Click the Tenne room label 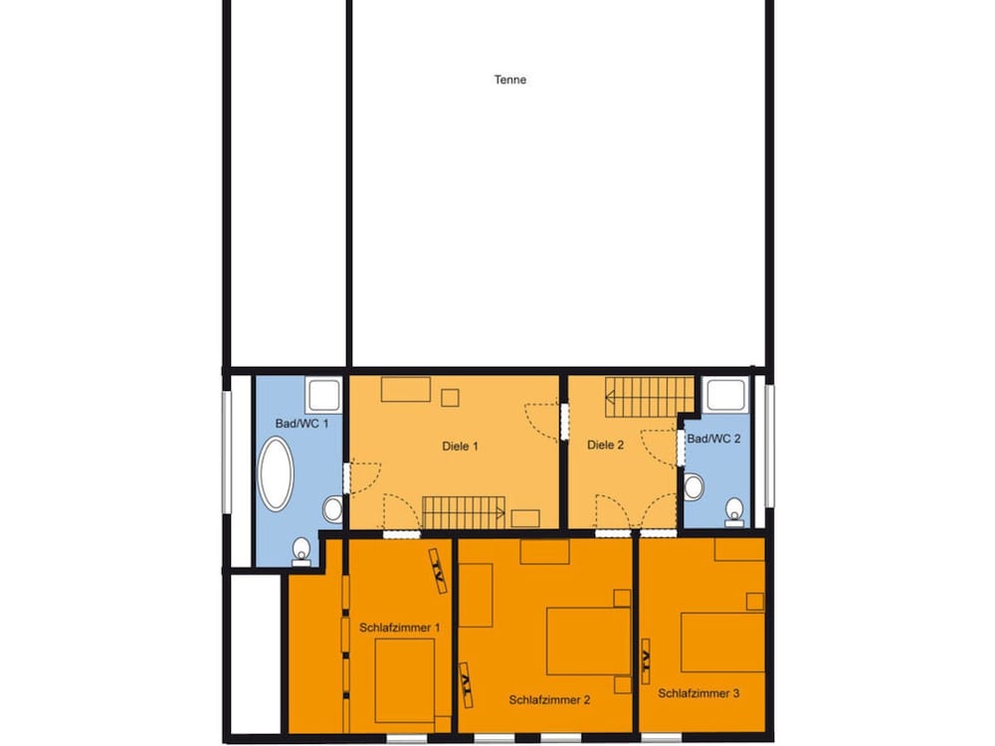pos(510,80)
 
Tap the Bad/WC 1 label pos(302,423)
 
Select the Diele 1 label pos(460,446)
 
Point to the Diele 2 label pos(605,445)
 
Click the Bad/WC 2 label pos(713,439)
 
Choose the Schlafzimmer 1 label pos(400,628)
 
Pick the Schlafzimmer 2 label pos(549,699)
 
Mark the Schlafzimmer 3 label pos(698,693)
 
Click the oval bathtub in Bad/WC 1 pos(276,473)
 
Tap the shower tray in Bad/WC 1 pos(324,395)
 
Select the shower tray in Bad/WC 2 pos(726,395)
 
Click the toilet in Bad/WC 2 pos(734,512)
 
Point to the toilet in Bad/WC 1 pos(301,552)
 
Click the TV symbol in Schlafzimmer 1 pos(438,570)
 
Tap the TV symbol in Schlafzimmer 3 pos(646,660)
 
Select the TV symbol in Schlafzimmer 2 pos(467,684)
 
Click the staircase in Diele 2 pos(649,397)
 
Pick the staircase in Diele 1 pos(464,512)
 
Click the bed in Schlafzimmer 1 pos(404,680)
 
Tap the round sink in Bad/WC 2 pos(695,487)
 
